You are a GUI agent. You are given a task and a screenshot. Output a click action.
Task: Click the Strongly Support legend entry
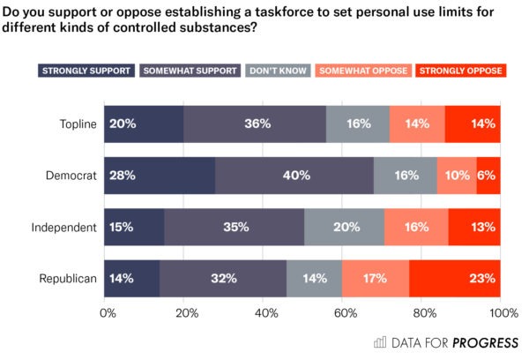[86, 71]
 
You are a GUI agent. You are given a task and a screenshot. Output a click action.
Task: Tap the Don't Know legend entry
[279, 71]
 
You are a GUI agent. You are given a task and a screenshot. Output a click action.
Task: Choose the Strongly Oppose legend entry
[459, 71]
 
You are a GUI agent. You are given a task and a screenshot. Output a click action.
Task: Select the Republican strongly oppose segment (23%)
[454, 278]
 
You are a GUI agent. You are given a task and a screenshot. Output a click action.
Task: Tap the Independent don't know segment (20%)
[344, 227]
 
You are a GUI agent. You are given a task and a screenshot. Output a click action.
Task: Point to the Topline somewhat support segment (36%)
[255, 124]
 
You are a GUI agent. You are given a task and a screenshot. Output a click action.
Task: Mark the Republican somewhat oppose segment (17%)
[376, 278]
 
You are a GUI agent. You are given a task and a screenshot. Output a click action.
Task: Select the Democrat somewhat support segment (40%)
[294, 176]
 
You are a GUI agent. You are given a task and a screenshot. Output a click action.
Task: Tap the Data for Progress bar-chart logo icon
[381, 341]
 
